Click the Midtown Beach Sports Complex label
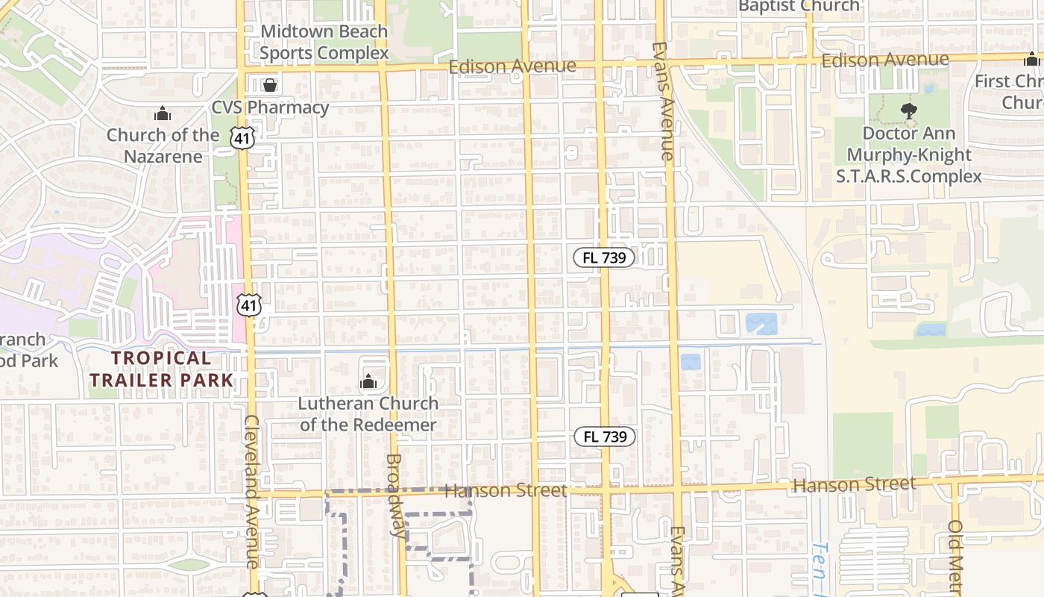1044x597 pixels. tap(324, 43)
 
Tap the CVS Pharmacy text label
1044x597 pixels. tap(270, 107)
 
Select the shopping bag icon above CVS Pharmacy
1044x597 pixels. tap(270, 84)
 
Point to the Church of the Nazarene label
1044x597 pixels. tap(163, 146)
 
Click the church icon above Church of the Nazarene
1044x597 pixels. tap(163, 114)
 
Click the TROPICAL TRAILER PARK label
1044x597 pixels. tap(161, 369)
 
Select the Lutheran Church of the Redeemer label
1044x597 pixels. tap(368, 414)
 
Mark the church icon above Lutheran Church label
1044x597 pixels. tap(368, 383)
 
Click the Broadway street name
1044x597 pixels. tap(397, 496)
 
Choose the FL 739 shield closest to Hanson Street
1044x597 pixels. tap(604, 437)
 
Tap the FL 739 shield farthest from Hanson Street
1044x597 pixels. tap(604, 258)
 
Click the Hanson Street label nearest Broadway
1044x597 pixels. tap(506, 490)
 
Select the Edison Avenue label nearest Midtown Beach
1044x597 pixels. tap(512, 66)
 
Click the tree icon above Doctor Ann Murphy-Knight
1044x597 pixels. tap(908, 111)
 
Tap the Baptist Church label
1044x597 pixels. tap(799, 7)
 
